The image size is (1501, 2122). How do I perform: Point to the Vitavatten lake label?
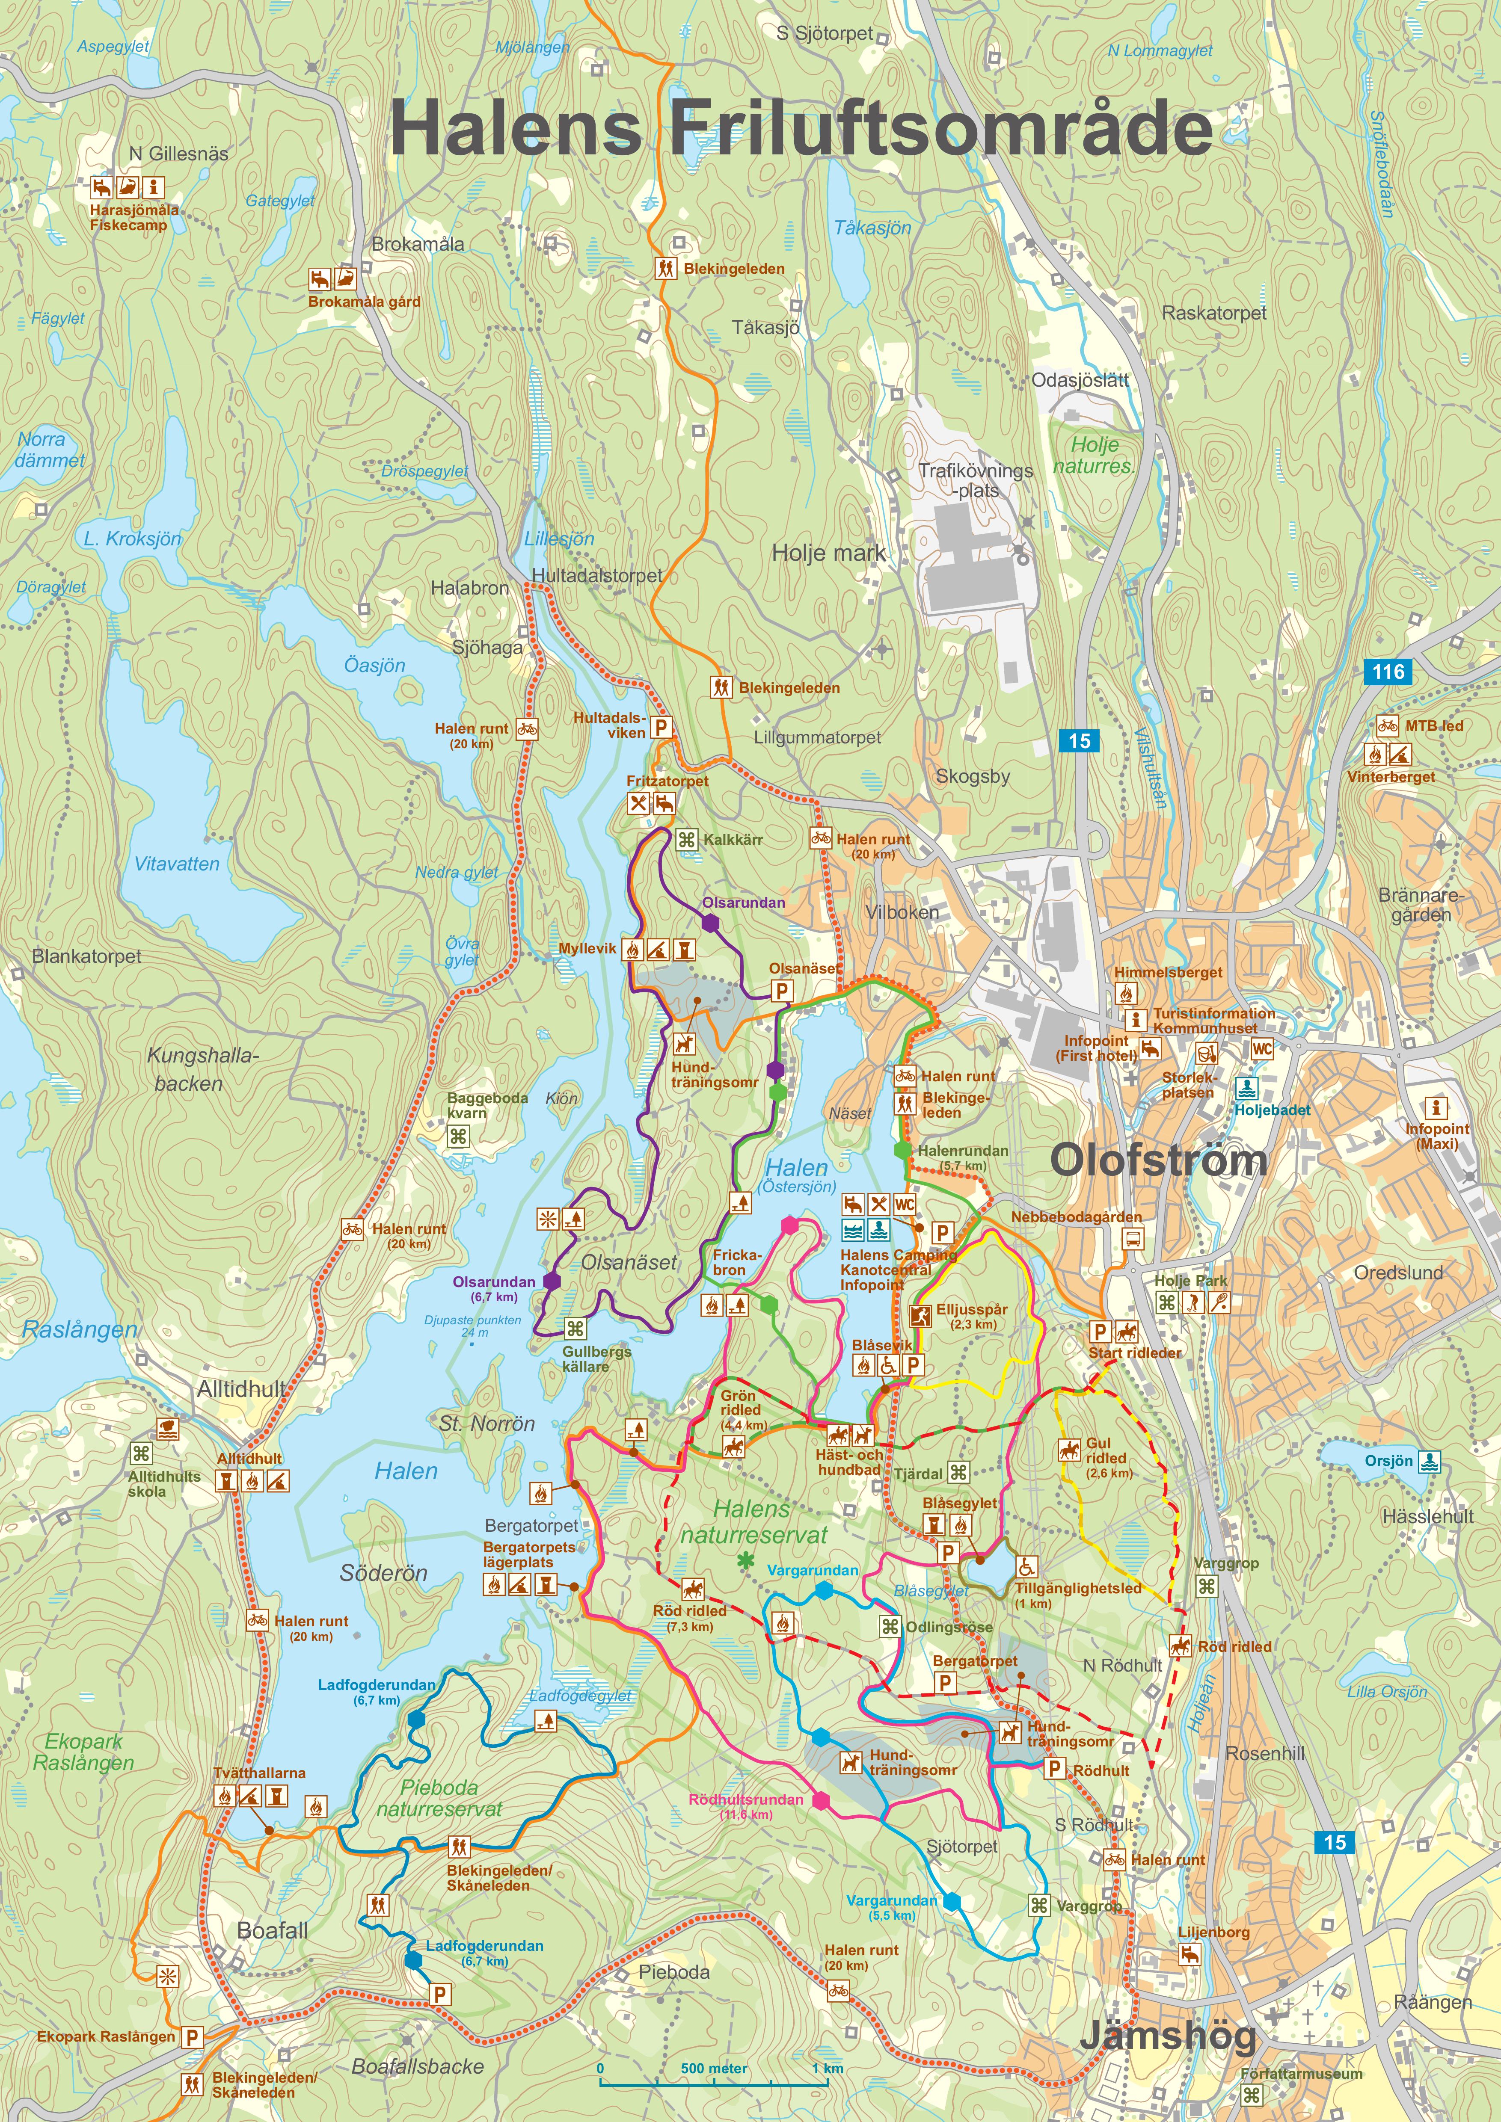point(177,864)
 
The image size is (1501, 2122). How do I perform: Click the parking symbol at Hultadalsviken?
point(661,727)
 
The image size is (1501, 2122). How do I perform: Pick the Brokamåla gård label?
point(364,301)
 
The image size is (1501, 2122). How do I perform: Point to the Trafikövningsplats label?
point(975,479)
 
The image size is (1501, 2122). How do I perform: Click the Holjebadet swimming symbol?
point(1245,1089)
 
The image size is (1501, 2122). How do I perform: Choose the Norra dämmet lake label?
point(50,449)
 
